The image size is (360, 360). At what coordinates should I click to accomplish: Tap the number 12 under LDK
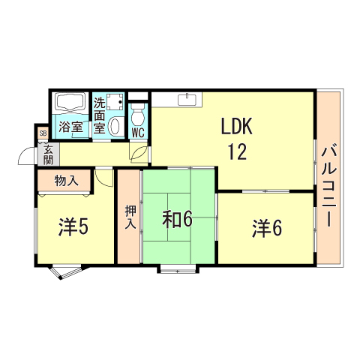[x=237, y=152]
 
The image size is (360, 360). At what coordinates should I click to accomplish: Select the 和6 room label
[x=178, y=220]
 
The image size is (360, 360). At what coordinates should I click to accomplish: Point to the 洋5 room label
[x=73, y=227]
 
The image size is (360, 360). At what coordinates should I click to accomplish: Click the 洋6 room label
[x=266, y=227]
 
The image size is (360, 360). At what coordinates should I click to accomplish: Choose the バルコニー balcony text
[x=328, y=186]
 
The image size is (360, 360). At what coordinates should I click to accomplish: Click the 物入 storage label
[x=66, y=181]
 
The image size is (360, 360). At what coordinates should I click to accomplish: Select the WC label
[x=137, y=133]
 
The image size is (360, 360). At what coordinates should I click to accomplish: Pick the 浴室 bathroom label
[x=72, y=127]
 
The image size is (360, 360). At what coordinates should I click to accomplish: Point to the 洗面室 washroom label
[x=100, y=115]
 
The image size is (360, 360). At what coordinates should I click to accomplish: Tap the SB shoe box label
[x=43, y=133]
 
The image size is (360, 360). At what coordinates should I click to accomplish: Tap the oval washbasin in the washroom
[x=115, y=127]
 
